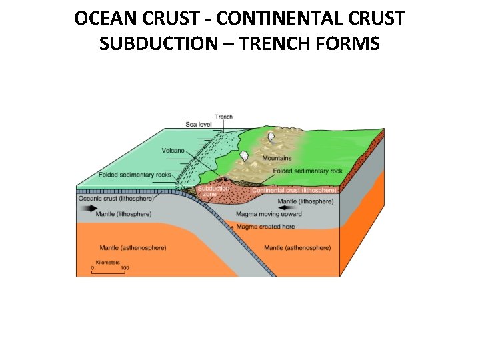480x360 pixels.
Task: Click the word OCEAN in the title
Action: click(x=104, y=19)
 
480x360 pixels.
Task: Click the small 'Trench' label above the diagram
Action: click(x=223, y=117)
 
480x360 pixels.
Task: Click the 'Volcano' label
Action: click(x=173, y=151)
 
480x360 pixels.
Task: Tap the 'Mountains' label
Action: click(x=277, y=158)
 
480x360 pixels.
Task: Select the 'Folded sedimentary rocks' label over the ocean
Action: click(x=134, y=175)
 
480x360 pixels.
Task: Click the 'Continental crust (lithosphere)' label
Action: click(x=294, y=190)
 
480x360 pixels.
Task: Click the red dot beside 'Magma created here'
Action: click(x=232, y=227)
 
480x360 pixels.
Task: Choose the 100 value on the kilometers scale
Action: click(x=125, y=268)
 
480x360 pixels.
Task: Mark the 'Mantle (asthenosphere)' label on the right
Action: click(x=297, y=248)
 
